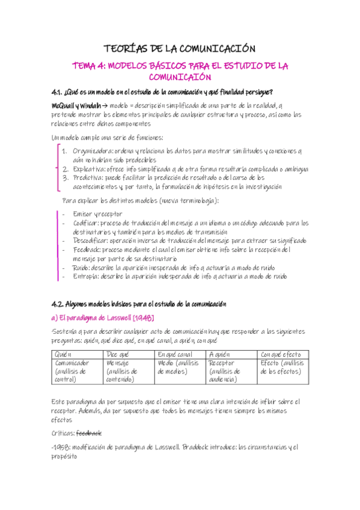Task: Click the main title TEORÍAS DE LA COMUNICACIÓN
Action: coord(180,48)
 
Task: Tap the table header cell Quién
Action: coord(64,355)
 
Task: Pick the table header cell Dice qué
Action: coord(118,355)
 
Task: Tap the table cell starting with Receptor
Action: coord(223,363)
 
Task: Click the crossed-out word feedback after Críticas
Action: coord(90,432)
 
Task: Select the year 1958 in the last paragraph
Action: coord(61,447)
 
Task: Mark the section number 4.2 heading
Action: coord(59,304)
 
